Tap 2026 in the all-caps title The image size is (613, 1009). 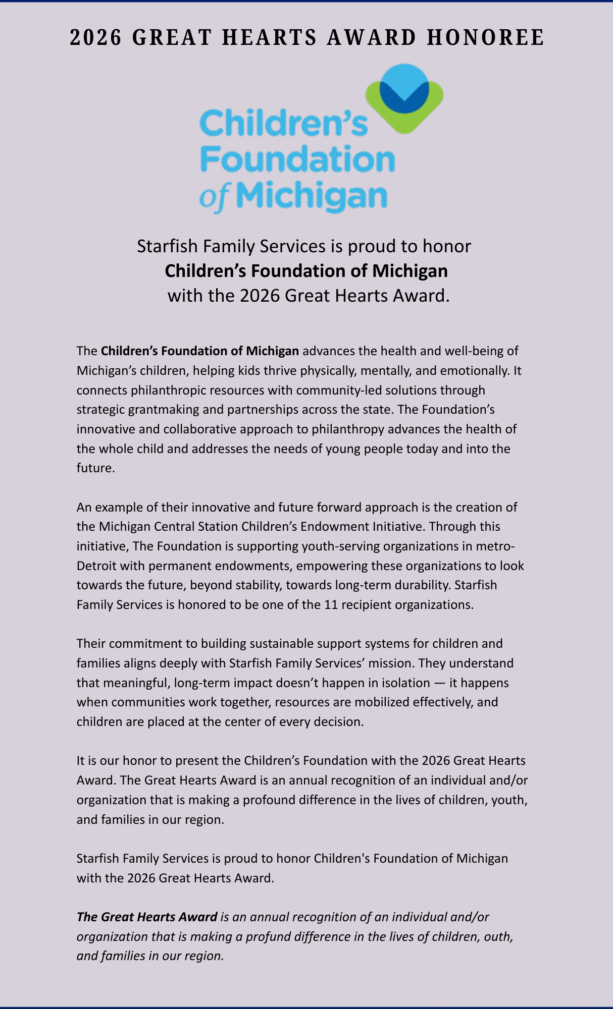pos(96,38)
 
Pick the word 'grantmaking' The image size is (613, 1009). pos(164,409)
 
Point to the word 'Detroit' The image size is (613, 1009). pos(95,566)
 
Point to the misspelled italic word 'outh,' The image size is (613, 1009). pos(499,936)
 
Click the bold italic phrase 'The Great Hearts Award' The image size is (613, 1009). pos(147,917)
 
